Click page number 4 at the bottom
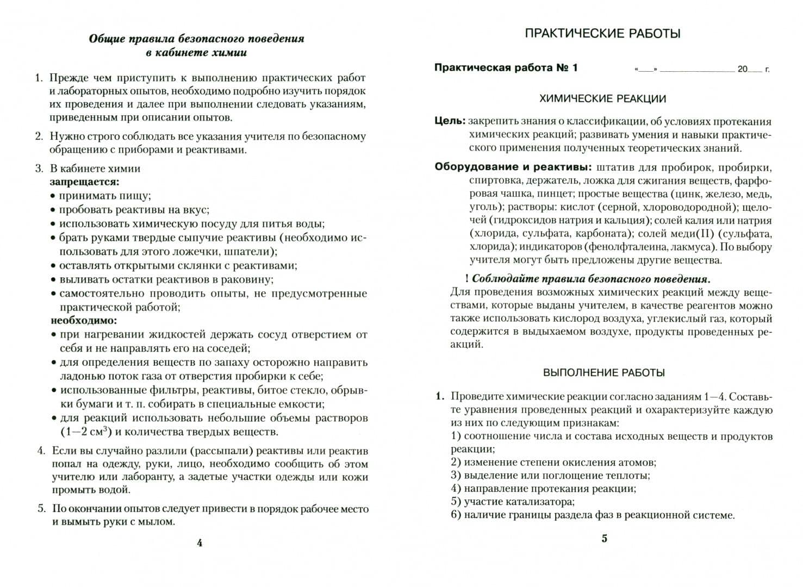pyautogui.click(x=200, y=542)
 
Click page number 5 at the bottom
pyautogui.click(x=604, y=539)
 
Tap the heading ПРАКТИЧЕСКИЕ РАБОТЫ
pyautogui.click(x=602, y=34)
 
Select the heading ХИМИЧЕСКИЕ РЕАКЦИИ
pyautogui.click(x=602, y=99)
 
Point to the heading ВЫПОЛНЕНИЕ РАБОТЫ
pyautogui.click(x=604, y=373)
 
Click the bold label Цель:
pyautogui.click(x=450, y=121)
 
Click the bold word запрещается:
pyautogui.click(x=85, y=182)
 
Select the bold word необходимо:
pyautogui.click(x=84, y=321)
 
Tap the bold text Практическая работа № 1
pyautogui.click(x=506, y=68)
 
